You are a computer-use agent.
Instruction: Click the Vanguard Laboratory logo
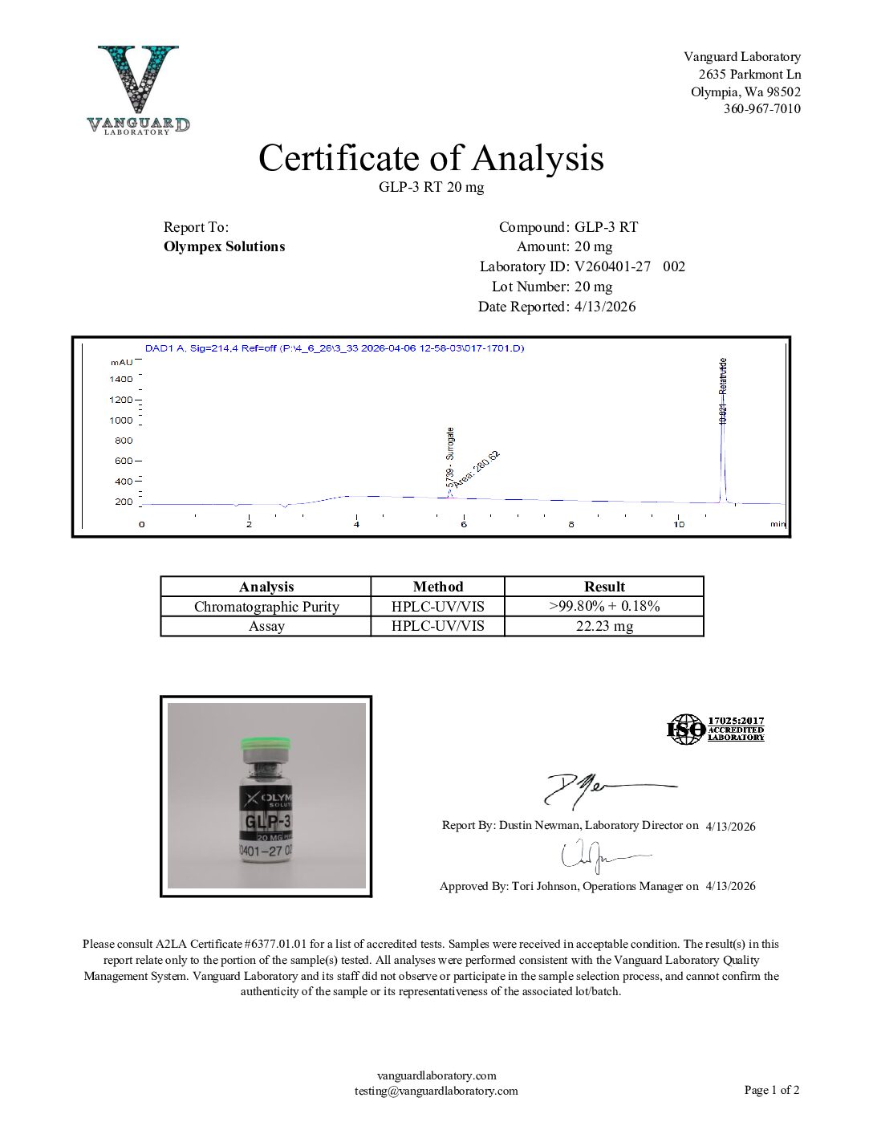coord(138,89)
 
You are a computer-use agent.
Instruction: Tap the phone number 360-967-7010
coord(761,109)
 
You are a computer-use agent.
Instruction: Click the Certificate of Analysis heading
coord(431,158)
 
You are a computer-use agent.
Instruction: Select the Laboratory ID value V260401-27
coord(612,266)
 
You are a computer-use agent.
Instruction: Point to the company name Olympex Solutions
coord(224,246)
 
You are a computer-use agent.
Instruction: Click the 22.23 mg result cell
coord(603,626)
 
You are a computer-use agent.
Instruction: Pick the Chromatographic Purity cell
coord(266,607)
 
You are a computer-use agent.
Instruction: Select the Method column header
coord(437,587)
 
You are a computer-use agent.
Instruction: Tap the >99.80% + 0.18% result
coord(603,606)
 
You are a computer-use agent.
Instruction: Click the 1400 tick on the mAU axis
coord(122,379)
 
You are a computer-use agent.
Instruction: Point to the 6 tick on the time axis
coord(464,524)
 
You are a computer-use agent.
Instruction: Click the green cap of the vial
coord(264,745)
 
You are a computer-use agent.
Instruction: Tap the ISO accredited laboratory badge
coord(715,730)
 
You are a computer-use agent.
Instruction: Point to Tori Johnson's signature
coord(598,857)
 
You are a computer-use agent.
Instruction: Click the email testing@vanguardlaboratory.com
coord(436,1091)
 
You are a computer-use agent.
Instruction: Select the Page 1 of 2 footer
coord(771,1090)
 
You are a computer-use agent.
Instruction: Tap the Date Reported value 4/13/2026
coord(605,307)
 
